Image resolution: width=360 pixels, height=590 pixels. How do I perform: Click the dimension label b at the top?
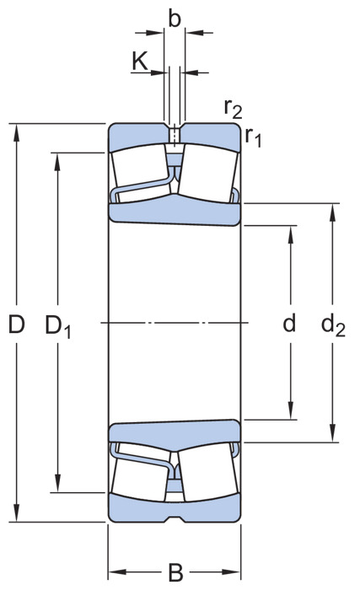(x=175, y=19)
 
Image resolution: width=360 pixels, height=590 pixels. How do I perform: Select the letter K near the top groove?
(x=140, y=62)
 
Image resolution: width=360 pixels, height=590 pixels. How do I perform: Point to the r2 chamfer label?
(x=233, y=109)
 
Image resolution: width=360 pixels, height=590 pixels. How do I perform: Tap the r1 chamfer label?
(x=253, y=137)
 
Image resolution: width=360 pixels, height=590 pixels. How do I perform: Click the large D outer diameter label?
(x=17, y=324)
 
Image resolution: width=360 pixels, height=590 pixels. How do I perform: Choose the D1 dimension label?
(x=58, y=326)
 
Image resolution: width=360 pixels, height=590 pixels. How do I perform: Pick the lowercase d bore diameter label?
(x=289, y=323)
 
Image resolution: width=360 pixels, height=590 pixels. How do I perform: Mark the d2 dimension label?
(x=333, y=325)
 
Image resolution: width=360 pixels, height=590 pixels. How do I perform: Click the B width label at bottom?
(x=175, y=572)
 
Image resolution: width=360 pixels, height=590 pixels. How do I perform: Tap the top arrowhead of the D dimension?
(x=16, y=132)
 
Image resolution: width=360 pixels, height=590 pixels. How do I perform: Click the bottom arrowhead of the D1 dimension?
(x=57, y=483)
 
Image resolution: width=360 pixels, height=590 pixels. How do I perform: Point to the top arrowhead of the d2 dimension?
(x=332, y=212)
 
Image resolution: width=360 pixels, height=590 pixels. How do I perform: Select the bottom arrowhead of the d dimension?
(x=290, y=410)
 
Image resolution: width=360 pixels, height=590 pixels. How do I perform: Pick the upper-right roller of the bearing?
(x=208, y=174)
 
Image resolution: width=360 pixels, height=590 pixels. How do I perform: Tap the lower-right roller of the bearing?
(x=208, y=472)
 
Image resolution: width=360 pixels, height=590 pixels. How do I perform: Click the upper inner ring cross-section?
(x=175, y=212)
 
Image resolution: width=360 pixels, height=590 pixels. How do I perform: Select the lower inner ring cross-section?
(x=175, y=432)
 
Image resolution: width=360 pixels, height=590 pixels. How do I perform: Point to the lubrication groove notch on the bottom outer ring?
(x=175, y=519)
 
